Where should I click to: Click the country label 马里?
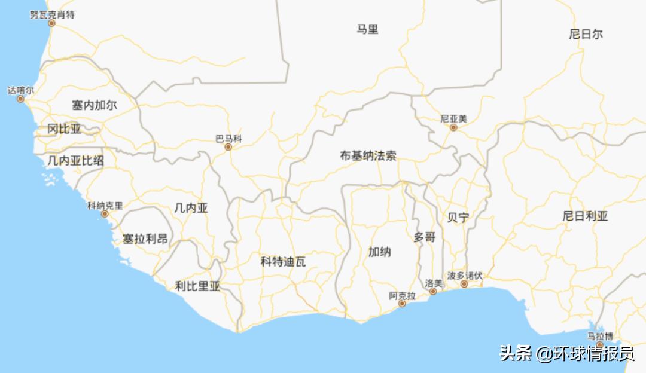tap(368, 29)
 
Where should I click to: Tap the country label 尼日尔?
tap(586, 34)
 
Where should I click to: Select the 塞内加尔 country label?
tap(95, 106)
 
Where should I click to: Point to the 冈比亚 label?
tap(64, 129)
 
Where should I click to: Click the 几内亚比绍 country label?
tap(75, 160)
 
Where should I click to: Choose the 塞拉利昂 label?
tap(145, 239)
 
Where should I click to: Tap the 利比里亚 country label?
tap(197, 286)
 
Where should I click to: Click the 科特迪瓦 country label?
tap(283, 261)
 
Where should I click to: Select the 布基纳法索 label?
tap(368, 156)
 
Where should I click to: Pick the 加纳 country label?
tap(379, 252)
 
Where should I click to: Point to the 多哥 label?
tap(425, 237)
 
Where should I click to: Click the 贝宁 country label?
tap(458, 218)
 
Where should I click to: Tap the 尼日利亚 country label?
tap(585, 216)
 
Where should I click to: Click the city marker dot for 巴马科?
tap(228, 147)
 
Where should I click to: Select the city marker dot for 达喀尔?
tap(21, 99)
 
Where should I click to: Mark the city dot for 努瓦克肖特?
tap(51, 23)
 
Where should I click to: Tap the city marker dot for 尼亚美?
tap(453, 127)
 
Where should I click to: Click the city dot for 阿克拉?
tap(402, 304)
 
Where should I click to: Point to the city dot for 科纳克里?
tap(105, 214)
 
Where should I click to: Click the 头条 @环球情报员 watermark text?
tap(567, 353)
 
